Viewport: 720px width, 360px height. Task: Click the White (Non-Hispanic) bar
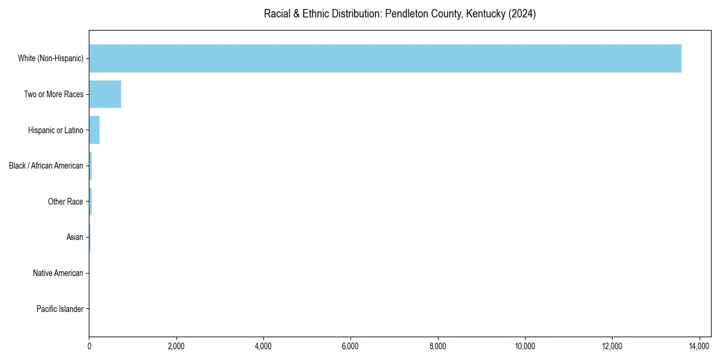[x=385, y=58]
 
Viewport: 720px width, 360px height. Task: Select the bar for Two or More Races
[x=105, y=94]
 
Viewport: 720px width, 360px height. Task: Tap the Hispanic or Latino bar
[x=94, y=130]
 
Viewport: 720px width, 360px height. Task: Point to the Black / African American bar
[x=91, y=166]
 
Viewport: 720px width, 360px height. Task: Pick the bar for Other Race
[x=91, y=202]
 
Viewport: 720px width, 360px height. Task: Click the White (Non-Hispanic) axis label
[x=51, y=58]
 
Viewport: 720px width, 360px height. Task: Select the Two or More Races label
[x=53, y=94]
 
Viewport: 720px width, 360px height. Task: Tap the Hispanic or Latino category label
[x=55, y=130]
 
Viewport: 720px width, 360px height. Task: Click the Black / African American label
[x=46, y=166]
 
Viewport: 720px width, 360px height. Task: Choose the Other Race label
[x=65, y=202]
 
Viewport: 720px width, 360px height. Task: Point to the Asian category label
[x=74, y=237]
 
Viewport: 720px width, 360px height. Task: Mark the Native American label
[x=58, y=273]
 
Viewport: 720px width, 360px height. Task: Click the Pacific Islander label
[x=59, y=309]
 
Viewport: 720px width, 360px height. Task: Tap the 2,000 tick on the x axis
[x=176, y=346]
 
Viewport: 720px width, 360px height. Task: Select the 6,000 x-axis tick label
[x=350, y=346]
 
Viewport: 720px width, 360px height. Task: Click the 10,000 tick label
[x=525, y=346]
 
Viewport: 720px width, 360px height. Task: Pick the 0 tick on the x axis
[x=89, y=346]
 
